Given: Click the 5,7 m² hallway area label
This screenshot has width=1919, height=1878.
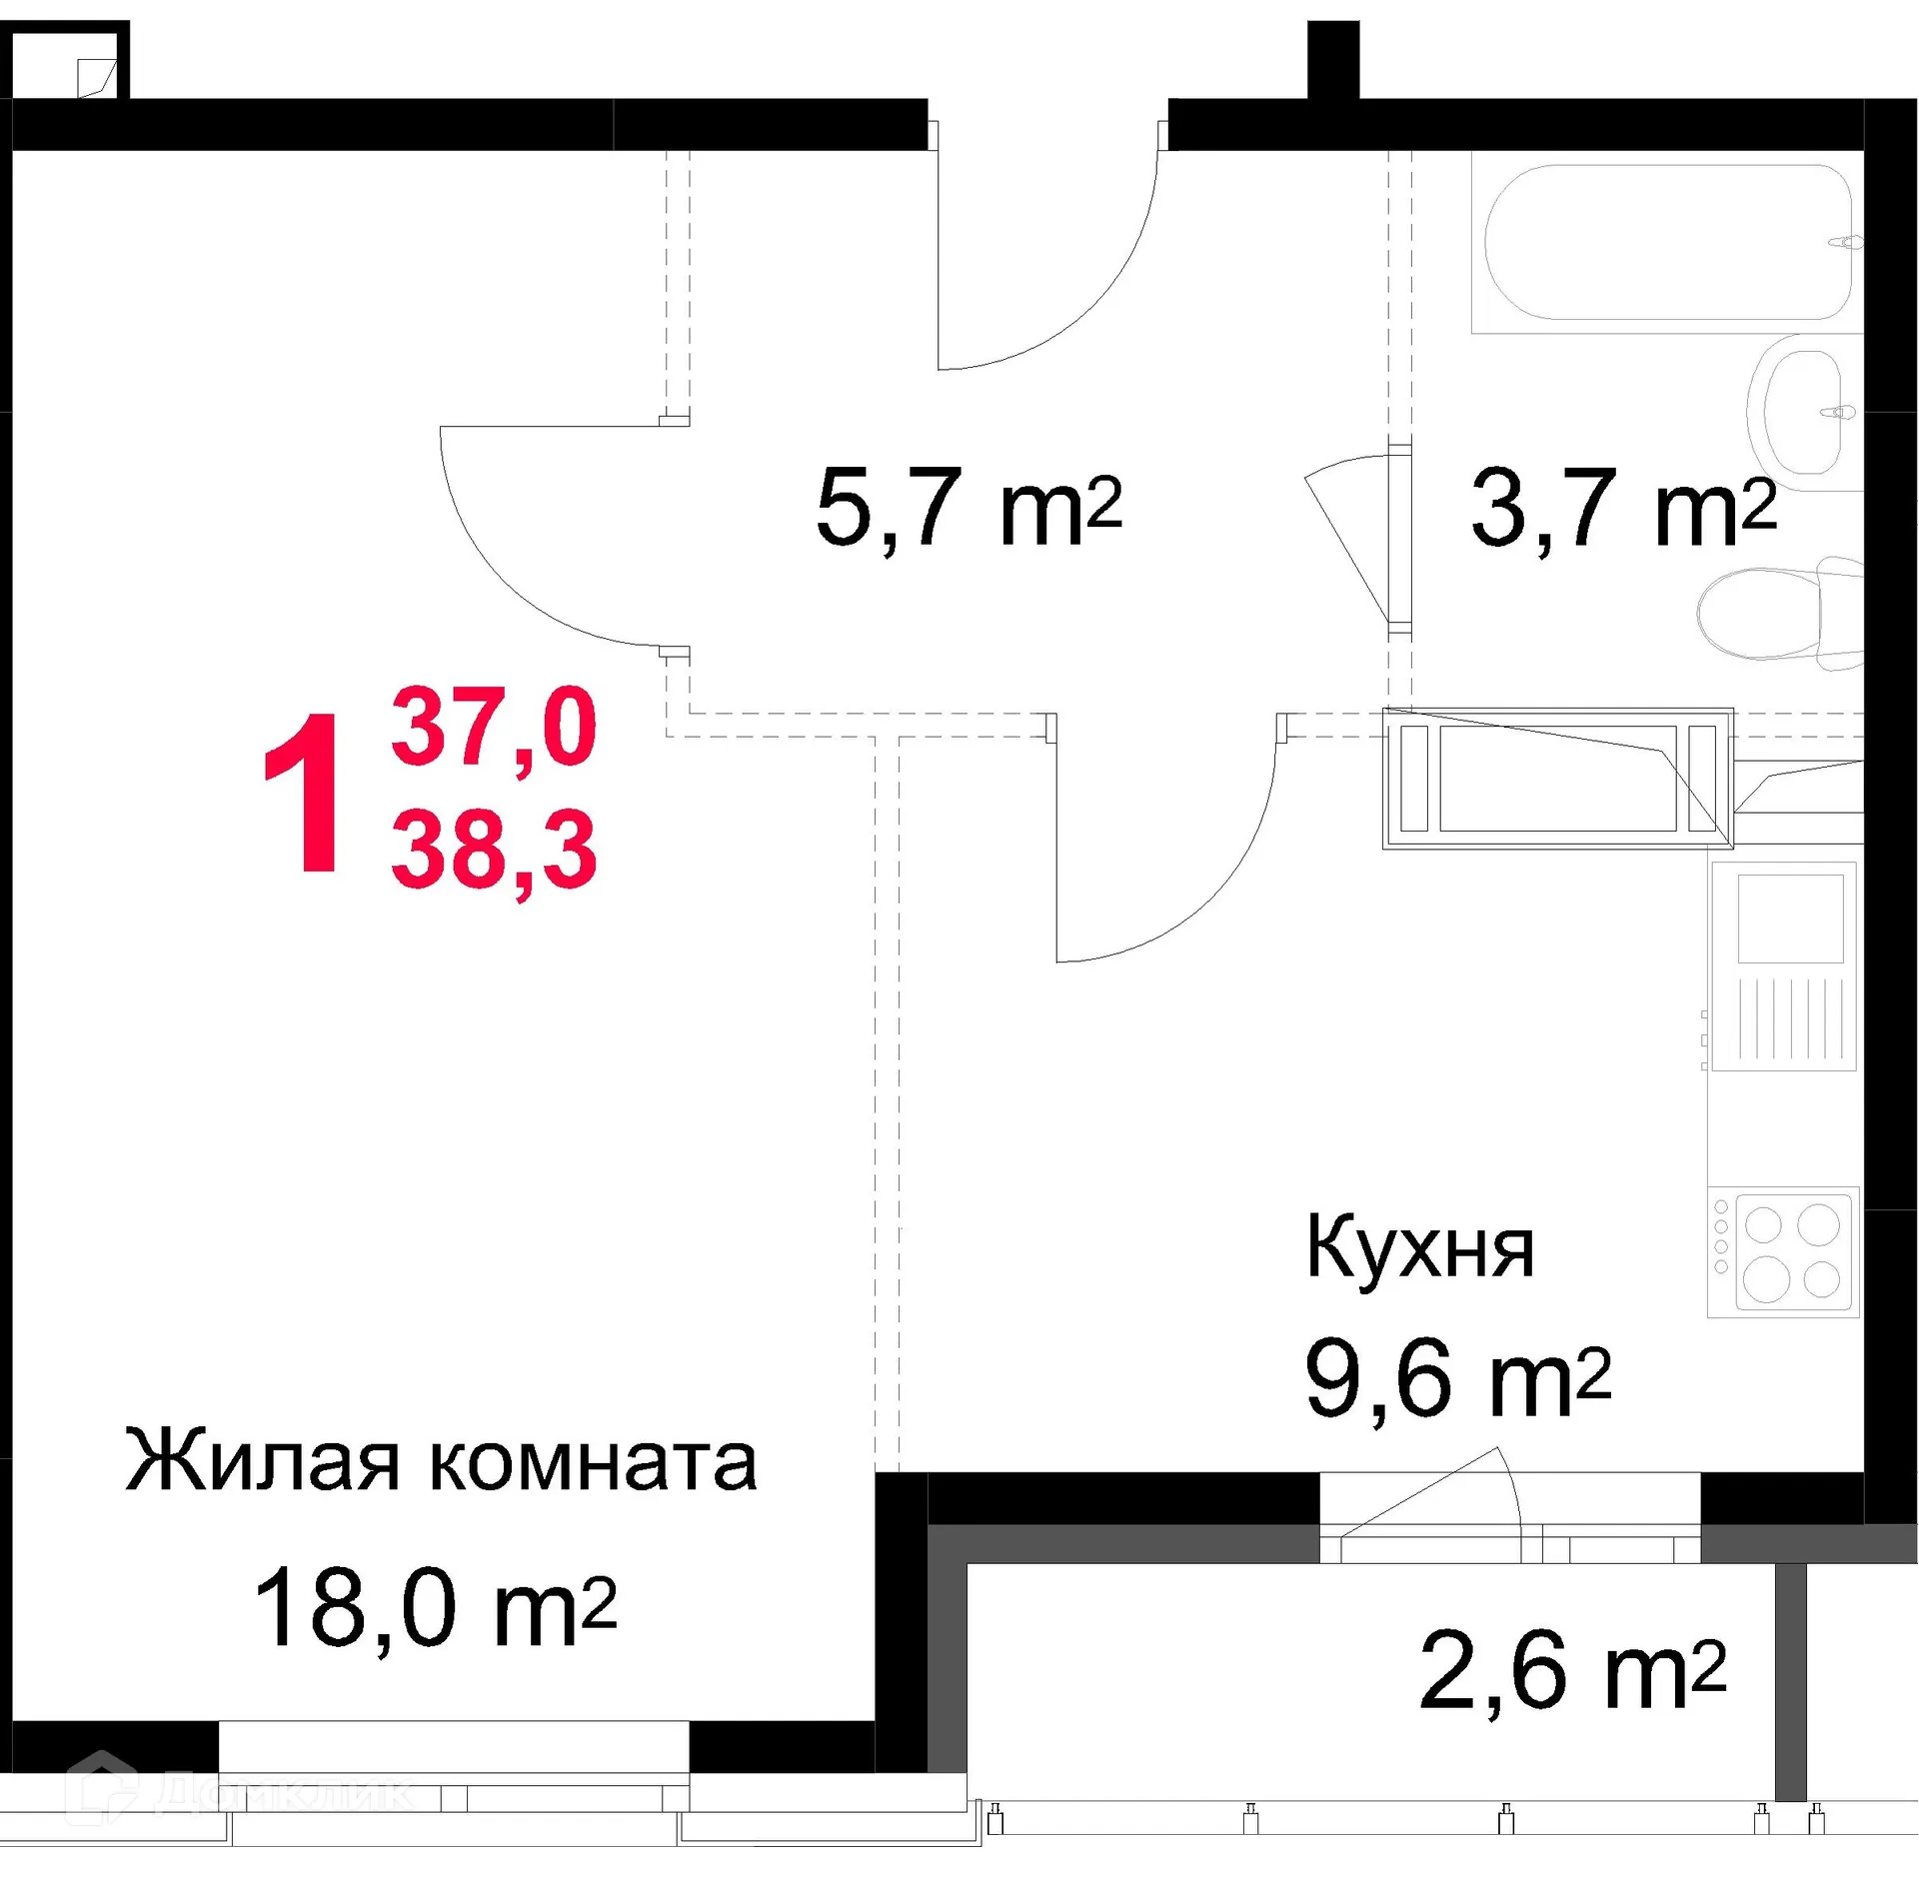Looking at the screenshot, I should [967, 509].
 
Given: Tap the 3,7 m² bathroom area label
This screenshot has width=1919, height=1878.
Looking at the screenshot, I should [1622, 509].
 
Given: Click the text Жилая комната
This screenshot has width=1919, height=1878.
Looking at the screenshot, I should [441, 1462].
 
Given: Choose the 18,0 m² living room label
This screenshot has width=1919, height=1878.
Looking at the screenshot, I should [435, 1608].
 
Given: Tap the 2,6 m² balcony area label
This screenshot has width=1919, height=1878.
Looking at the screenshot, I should [1571, 1671].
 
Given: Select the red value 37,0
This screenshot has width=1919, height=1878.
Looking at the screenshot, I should [494, 728].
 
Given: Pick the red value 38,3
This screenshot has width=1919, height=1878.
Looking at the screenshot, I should [494, 850].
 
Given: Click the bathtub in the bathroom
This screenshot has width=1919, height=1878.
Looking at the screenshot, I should [1666, 243].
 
